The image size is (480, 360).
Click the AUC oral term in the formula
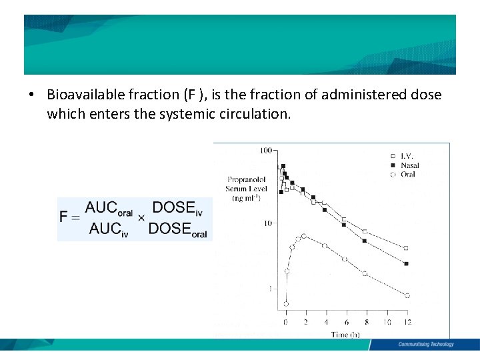(x=109, y=208)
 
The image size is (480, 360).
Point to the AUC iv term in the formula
(x=109, y=229)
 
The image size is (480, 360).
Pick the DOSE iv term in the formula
(x=177, y=208)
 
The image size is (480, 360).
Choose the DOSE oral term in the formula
(x=177, y=229)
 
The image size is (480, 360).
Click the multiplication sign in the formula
(x=141, y=217)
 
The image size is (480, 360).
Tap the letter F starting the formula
(x=63, y=217)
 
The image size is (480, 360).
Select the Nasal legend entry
(x=409, y=165)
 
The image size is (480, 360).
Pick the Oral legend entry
(x=407, y=174)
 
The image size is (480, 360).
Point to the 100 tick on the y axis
(x=266, y=150)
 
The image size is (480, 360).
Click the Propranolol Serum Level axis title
(x=247, y=189)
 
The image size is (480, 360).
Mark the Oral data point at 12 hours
(x=407, y=295)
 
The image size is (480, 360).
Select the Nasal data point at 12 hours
(x=406, y=264)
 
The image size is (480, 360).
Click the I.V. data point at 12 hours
(x=406, y=248)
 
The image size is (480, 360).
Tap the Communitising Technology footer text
(x=425, y=345)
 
